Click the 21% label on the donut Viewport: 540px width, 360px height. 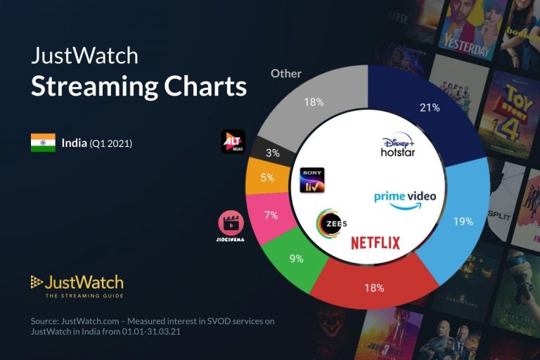430,108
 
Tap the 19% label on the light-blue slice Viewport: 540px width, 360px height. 463,221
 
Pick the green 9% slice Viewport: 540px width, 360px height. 296,259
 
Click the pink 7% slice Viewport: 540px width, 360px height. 271,215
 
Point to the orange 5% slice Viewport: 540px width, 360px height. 267,178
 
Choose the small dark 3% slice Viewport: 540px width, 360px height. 273,152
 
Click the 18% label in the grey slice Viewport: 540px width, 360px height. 314,102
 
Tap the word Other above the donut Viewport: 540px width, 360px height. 286,73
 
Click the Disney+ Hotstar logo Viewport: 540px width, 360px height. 398,146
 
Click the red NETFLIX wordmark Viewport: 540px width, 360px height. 375,243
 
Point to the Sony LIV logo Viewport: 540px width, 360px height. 311,180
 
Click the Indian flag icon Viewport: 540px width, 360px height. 43,143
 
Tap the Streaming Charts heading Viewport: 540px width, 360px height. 139,86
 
